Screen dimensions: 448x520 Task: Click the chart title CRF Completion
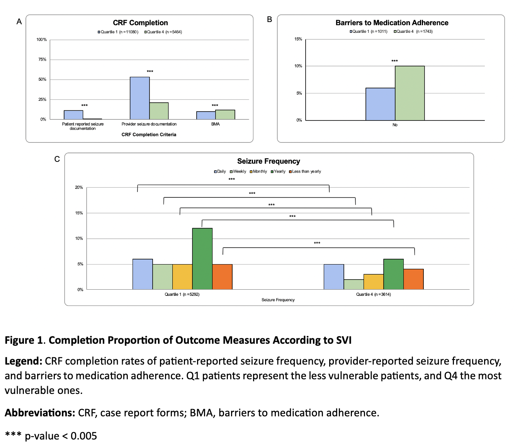140,23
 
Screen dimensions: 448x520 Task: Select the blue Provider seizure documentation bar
139,98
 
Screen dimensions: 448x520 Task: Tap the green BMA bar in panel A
225,115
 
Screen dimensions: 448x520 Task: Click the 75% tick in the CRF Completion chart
42,59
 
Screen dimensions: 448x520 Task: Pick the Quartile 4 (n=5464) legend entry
163,32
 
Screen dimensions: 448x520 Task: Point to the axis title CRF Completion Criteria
149,135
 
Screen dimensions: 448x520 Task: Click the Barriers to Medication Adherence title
392,23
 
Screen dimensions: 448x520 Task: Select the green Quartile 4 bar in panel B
410,93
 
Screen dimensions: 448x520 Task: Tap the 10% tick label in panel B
298,66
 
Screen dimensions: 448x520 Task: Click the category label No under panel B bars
395,125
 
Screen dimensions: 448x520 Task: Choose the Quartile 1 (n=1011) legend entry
369,32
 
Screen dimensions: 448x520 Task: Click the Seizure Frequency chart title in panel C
268,161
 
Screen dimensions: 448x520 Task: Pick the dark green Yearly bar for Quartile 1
202,259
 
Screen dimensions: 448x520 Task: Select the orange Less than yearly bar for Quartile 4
413,279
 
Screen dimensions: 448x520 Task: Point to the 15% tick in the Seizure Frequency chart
79,213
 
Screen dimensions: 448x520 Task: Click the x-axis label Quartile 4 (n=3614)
373,295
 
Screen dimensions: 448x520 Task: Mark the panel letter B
270,20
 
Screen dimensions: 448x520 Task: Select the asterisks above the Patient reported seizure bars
84,105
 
